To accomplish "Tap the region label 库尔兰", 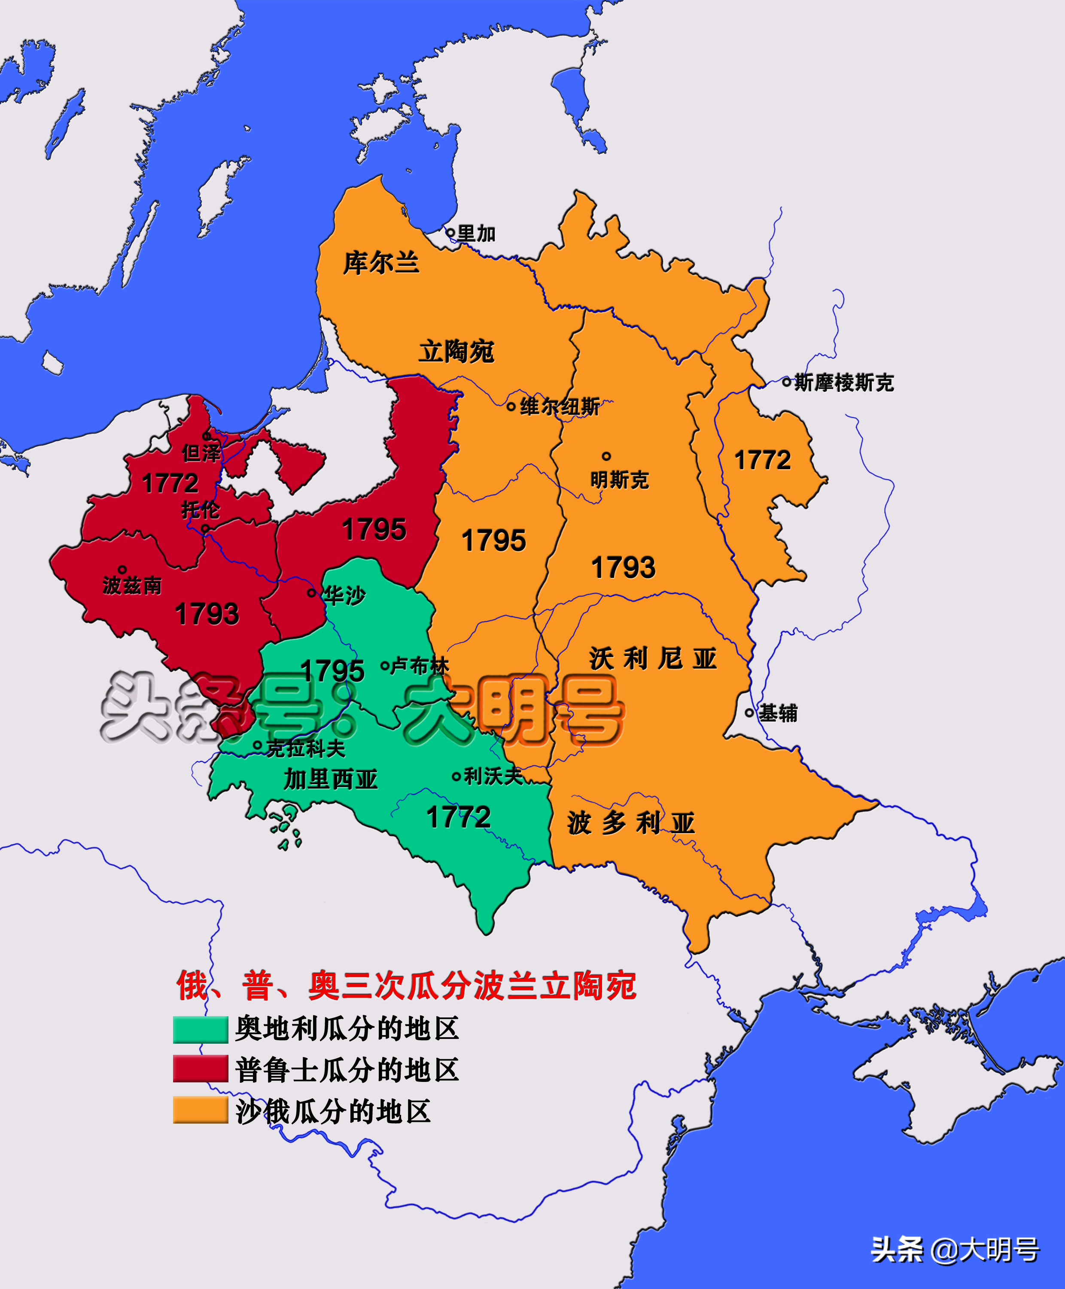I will click(380, 263).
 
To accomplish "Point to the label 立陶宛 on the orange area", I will click(456, 352).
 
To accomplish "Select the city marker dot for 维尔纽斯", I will click(511, 406).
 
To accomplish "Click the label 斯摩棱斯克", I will click(843, 382).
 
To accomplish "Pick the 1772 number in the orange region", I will click(763, 460).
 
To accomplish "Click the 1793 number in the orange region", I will click(623, 567).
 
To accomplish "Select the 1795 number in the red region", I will click(374, 529).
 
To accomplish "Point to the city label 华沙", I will click(344, 595).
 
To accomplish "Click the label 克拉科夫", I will click(305, 748).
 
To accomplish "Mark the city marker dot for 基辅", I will click(749, 713).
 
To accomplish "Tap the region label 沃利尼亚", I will click(653, 659).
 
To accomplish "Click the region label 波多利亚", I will click(631, 823).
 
